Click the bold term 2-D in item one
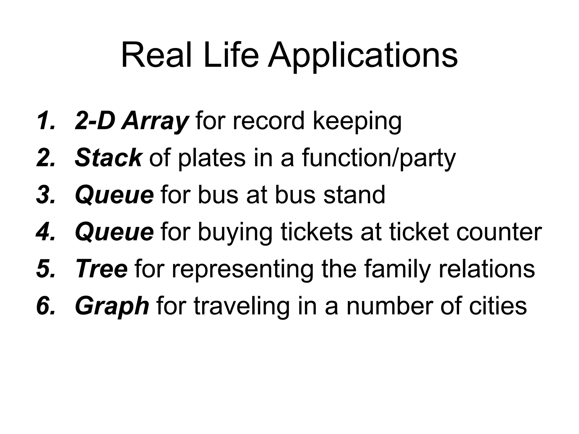[x=95, y=121]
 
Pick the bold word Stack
[x=108, y=158]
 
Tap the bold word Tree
[x=101, y=269]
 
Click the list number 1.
[x=45, y=121]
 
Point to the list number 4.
[x=45, y=232]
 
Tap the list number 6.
[x=45, y=306]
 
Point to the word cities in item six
[x=498, y=306]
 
